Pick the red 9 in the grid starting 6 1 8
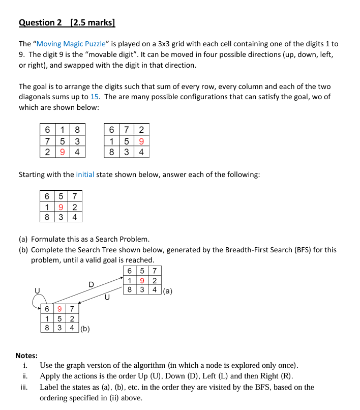point(62,152)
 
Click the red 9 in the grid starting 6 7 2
point(141,141)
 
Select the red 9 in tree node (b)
point(60,309)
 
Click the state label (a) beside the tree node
point(168,291)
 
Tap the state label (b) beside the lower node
point(85,329)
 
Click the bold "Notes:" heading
point(26,356)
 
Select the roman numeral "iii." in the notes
point(24,387)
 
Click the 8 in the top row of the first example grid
point(77,130)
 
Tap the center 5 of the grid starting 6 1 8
point(62,141)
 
